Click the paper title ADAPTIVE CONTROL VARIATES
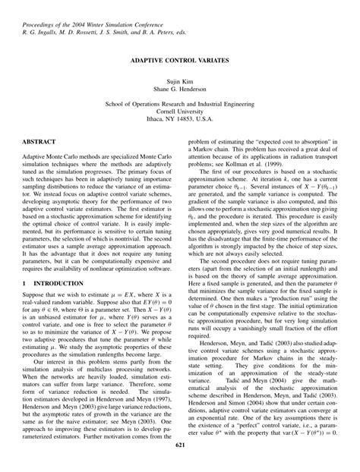[180, 58]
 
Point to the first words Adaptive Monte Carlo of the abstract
[62, 157]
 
